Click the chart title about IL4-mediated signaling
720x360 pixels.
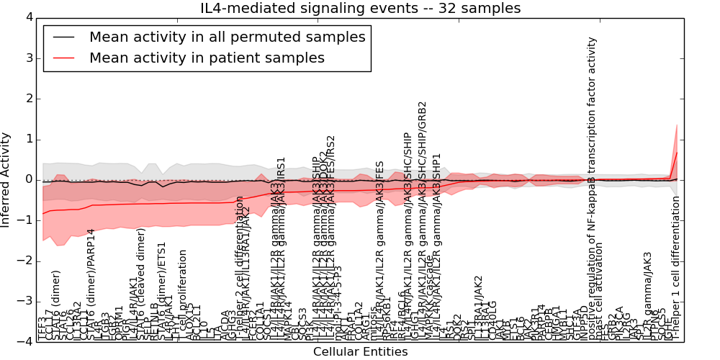pyautogui.click(x=359, y=9)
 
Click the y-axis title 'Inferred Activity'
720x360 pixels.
pyautogui.click(x=6, y=179)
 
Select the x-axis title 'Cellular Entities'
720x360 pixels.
pyautogui.click(x=360, y=352)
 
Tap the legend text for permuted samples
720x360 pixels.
pyautogui.click(x=227, y=37)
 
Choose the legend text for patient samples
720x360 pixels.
pyautogui.click(x=207, y=58)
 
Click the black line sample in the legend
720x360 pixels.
pyautogui.click(x=63, y=37)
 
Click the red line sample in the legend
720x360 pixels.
pyautogui.click(x=63, y=58)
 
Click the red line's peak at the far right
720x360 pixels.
pyautogui.click(x=677, y=152)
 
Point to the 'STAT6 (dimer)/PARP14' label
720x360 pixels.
pyautogui.click(x=91, y=284)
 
